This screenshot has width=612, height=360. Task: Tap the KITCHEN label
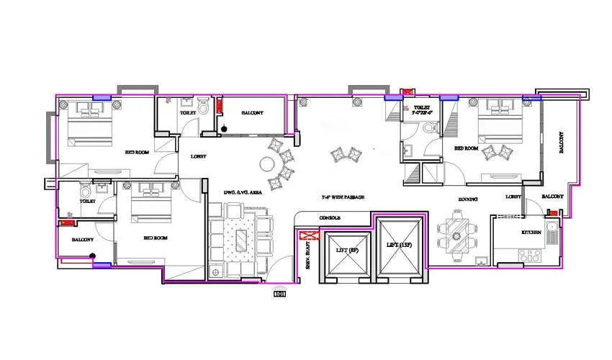click(x=532, y=233)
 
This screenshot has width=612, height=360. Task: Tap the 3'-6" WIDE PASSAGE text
click(x=343, y=197)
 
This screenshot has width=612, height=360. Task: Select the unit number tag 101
click(x=279, y=293)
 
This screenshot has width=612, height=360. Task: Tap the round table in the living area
click(x=275, y=183)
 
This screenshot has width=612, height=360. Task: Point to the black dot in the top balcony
click(x=225, y=130)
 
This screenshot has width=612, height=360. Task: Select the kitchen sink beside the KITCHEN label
click(x=552, y=232)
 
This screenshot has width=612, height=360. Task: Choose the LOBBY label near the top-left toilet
click(x=199, y=156)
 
